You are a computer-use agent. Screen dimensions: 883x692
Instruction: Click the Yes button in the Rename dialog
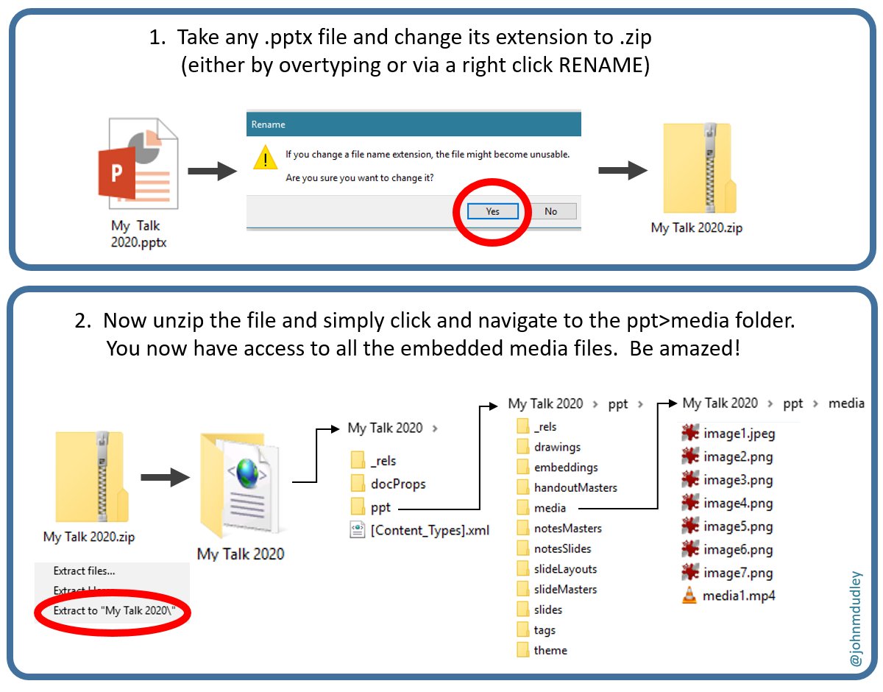[492, 211]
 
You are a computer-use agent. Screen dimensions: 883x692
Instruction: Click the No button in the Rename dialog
[550, 211]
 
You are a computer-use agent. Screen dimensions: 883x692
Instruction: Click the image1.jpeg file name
[739, 434]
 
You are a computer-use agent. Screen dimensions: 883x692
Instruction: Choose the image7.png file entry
[737, 573]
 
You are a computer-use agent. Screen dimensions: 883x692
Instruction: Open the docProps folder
[397, 484]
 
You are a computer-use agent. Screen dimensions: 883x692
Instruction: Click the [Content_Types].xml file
[430, 529]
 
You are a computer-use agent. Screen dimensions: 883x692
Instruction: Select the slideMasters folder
[565, 589]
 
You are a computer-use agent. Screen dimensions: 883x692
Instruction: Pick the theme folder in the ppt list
[550, 650]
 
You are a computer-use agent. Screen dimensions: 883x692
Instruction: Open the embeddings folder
[565, 467]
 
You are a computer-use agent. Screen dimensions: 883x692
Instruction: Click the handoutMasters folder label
[575, 487]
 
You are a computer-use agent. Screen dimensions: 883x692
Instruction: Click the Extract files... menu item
[84, 571]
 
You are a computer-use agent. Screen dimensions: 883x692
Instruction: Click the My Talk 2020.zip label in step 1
[696, 227]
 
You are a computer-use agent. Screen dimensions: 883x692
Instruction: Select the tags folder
[545, 630]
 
